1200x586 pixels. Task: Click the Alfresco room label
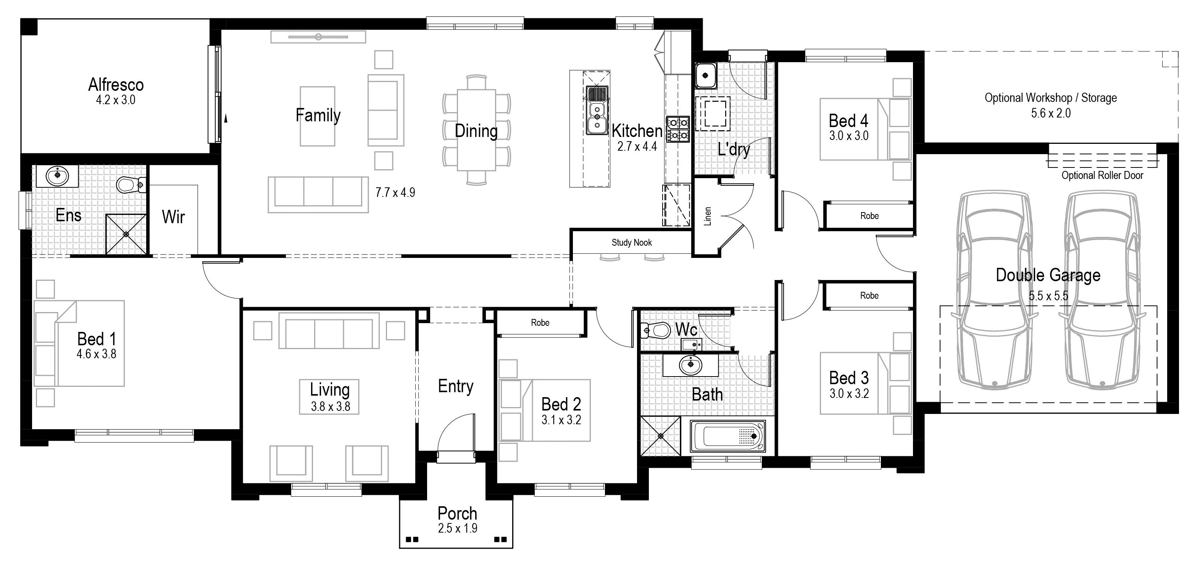(x=116, y=85)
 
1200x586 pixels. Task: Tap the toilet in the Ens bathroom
(x=131, y=185)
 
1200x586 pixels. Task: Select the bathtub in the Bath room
(x=727, y=436)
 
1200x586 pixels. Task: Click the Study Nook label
(x=632, y=243)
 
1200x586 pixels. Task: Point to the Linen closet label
(x=708, y=216)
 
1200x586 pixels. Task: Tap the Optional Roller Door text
(x=1102, y=175)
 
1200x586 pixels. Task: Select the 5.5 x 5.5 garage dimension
(x=1048, y=296)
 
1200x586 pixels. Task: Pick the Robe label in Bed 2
(x=540, y=322)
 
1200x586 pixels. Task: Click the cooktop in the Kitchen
(x=678, y=129)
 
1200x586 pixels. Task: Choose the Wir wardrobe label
(x=173, y=217)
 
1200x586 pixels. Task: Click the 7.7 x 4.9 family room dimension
(x=395, y=192)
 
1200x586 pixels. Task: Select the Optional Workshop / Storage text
(x=1050, y=98)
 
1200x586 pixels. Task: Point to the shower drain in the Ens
(x=126, y=234)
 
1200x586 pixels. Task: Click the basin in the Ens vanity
(x=58, y=175)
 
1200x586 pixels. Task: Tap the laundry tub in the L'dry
(x=706, y=76)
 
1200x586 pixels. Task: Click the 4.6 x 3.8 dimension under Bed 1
(x=97, y=354)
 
